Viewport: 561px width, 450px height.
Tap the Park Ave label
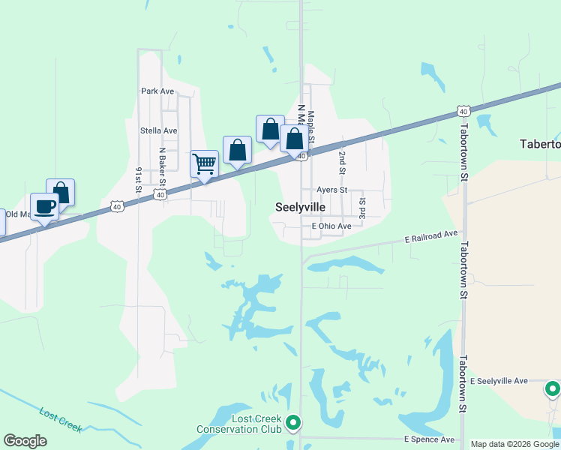pos(157,91)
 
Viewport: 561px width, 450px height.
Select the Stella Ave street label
pos(158,130)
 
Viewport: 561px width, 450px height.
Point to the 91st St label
pos(139,181)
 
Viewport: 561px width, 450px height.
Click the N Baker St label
pos(161,166)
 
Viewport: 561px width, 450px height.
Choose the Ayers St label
pos(331,190)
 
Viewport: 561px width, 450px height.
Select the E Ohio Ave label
pos(331,226)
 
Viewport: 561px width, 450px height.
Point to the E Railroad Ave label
pos(430,236)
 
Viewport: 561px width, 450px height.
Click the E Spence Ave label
pos(429,439)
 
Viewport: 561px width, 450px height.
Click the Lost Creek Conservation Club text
pos(239,424)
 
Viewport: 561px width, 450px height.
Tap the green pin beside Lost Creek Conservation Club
pos(293,424)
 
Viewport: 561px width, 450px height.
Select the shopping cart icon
pos(204,163)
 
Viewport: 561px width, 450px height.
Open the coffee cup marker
pos(44,206)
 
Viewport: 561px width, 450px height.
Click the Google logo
pos(25,441)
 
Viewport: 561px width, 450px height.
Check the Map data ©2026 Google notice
pos(515,444)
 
